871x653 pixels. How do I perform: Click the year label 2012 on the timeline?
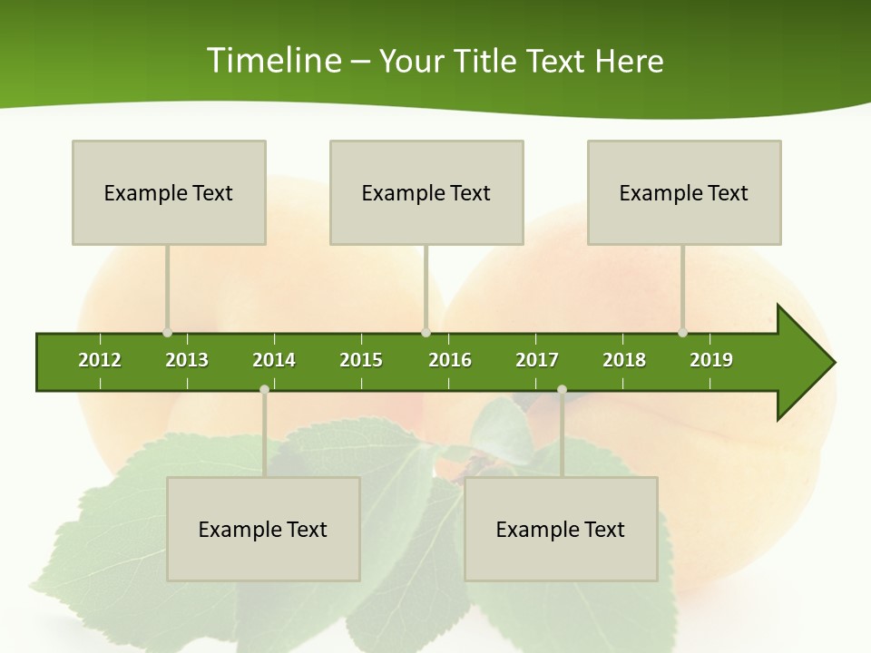click(100, 360)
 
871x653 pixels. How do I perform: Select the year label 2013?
click(187, 360)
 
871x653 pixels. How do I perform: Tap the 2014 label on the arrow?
click(274, 360)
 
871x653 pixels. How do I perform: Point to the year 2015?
click(361, 360)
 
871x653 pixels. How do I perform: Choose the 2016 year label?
click(450, 360)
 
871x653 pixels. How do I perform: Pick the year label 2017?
click(537, 360)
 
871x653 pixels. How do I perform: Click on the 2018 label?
click(624, 360)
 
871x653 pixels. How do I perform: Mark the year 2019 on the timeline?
click(711, 360)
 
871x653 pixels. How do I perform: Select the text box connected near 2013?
click(169, 192)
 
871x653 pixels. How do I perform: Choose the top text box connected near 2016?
click(426, 192)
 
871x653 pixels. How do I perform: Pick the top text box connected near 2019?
click(684, 192)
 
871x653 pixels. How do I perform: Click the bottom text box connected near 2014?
click(263, 529)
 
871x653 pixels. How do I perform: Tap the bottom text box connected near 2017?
click(561, 529)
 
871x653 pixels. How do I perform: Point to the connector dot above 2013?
click(167, 333)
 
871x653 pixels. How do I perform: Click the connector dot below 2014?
click(264, 389)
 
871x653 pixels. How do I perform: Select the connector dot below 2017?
click(562, 389)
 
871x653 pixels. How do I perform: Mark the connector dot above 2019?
click(682, 333)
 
